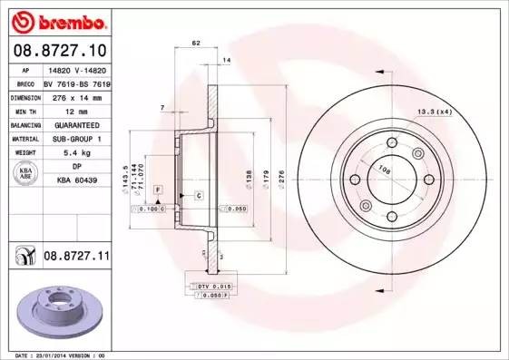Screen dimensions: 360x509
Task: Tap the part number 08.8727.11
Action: [76, 258]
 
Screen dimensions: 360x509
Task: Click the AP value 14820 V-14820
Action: [75, 70]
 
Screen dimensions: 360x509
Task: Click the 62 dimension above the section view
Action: [195, 43]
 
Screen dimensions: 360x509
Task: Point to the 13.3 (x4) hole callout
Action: [436, 112]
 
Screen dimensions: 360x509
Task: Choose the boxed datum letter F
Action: [158, 188]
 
